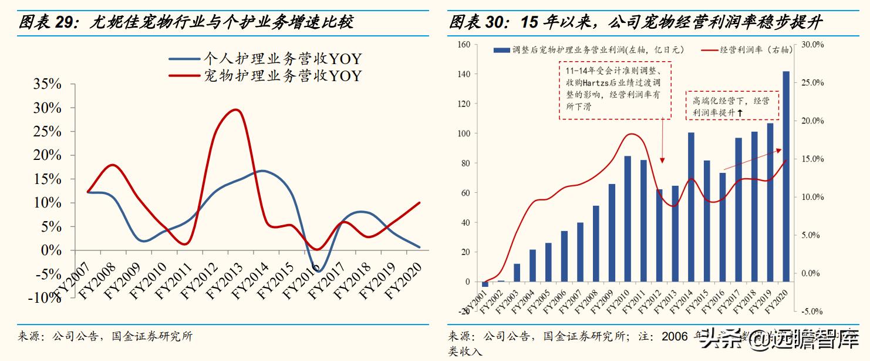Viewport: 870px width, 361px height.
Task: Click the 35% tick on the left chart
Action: [48, 84]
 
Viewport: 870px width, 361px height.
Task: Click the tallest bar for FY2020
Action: [785, 176]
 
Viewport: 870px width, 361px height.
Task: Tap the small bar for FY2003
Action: [517, 273]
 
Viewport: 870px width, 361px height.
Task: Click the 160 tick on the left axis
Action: [464, 45]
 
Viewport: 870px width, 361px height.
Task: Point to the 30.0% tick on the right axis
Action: [812, 45]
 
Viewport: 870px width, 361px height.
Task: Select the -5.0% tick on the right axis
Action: [812, 312]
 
